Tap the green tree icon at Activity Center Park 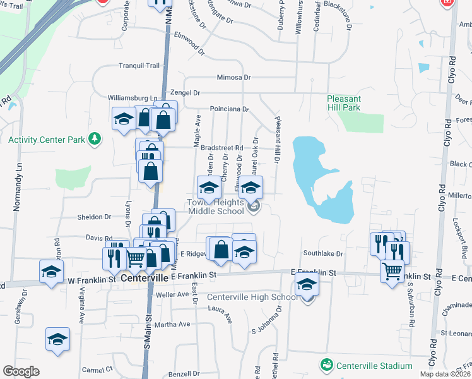click(95, 138)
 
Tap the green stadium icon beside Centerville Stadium click(326, 365)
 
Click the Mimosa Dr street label click(233, 78)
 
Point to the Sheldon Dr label click(94, 217)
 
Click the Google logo click(21, 371)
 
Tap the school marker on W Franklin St click(51, 271)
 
